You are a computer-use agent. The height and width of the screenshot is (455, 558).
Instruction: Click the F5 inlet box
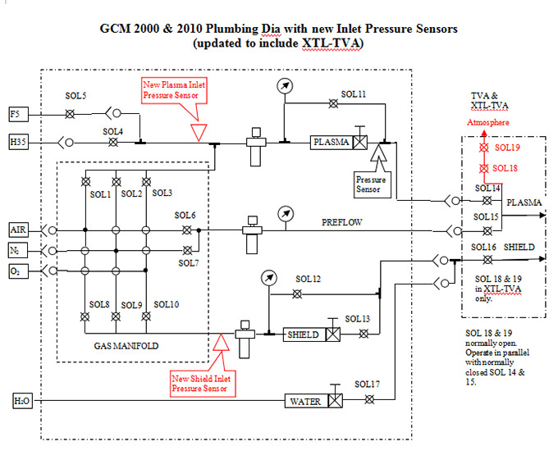pyautogui.click(x=16, y=113)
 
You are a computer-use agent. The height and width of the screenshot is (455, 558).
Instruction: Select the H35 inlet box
pyautogui.click(x=18, y=143)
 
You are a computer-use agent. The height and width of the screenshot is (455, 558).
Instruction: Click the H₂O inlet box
pyautogui.click(x=21, y=401)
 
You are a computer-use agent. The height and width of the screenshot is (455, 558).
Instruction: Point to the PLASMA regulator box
pyautogui.click(x=331, y=143)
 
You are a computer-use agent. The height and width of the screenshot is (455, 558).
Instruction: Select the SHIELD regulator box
pyautogui.click(x=303, y=334)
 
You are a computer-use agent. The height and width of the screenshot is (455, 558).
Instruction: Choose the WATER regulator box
pyautogui.click(x=305, y=401)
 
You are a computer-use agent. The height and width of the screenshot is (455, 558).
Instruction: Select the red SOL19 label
pyautogui.click(x=507, y=148)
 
